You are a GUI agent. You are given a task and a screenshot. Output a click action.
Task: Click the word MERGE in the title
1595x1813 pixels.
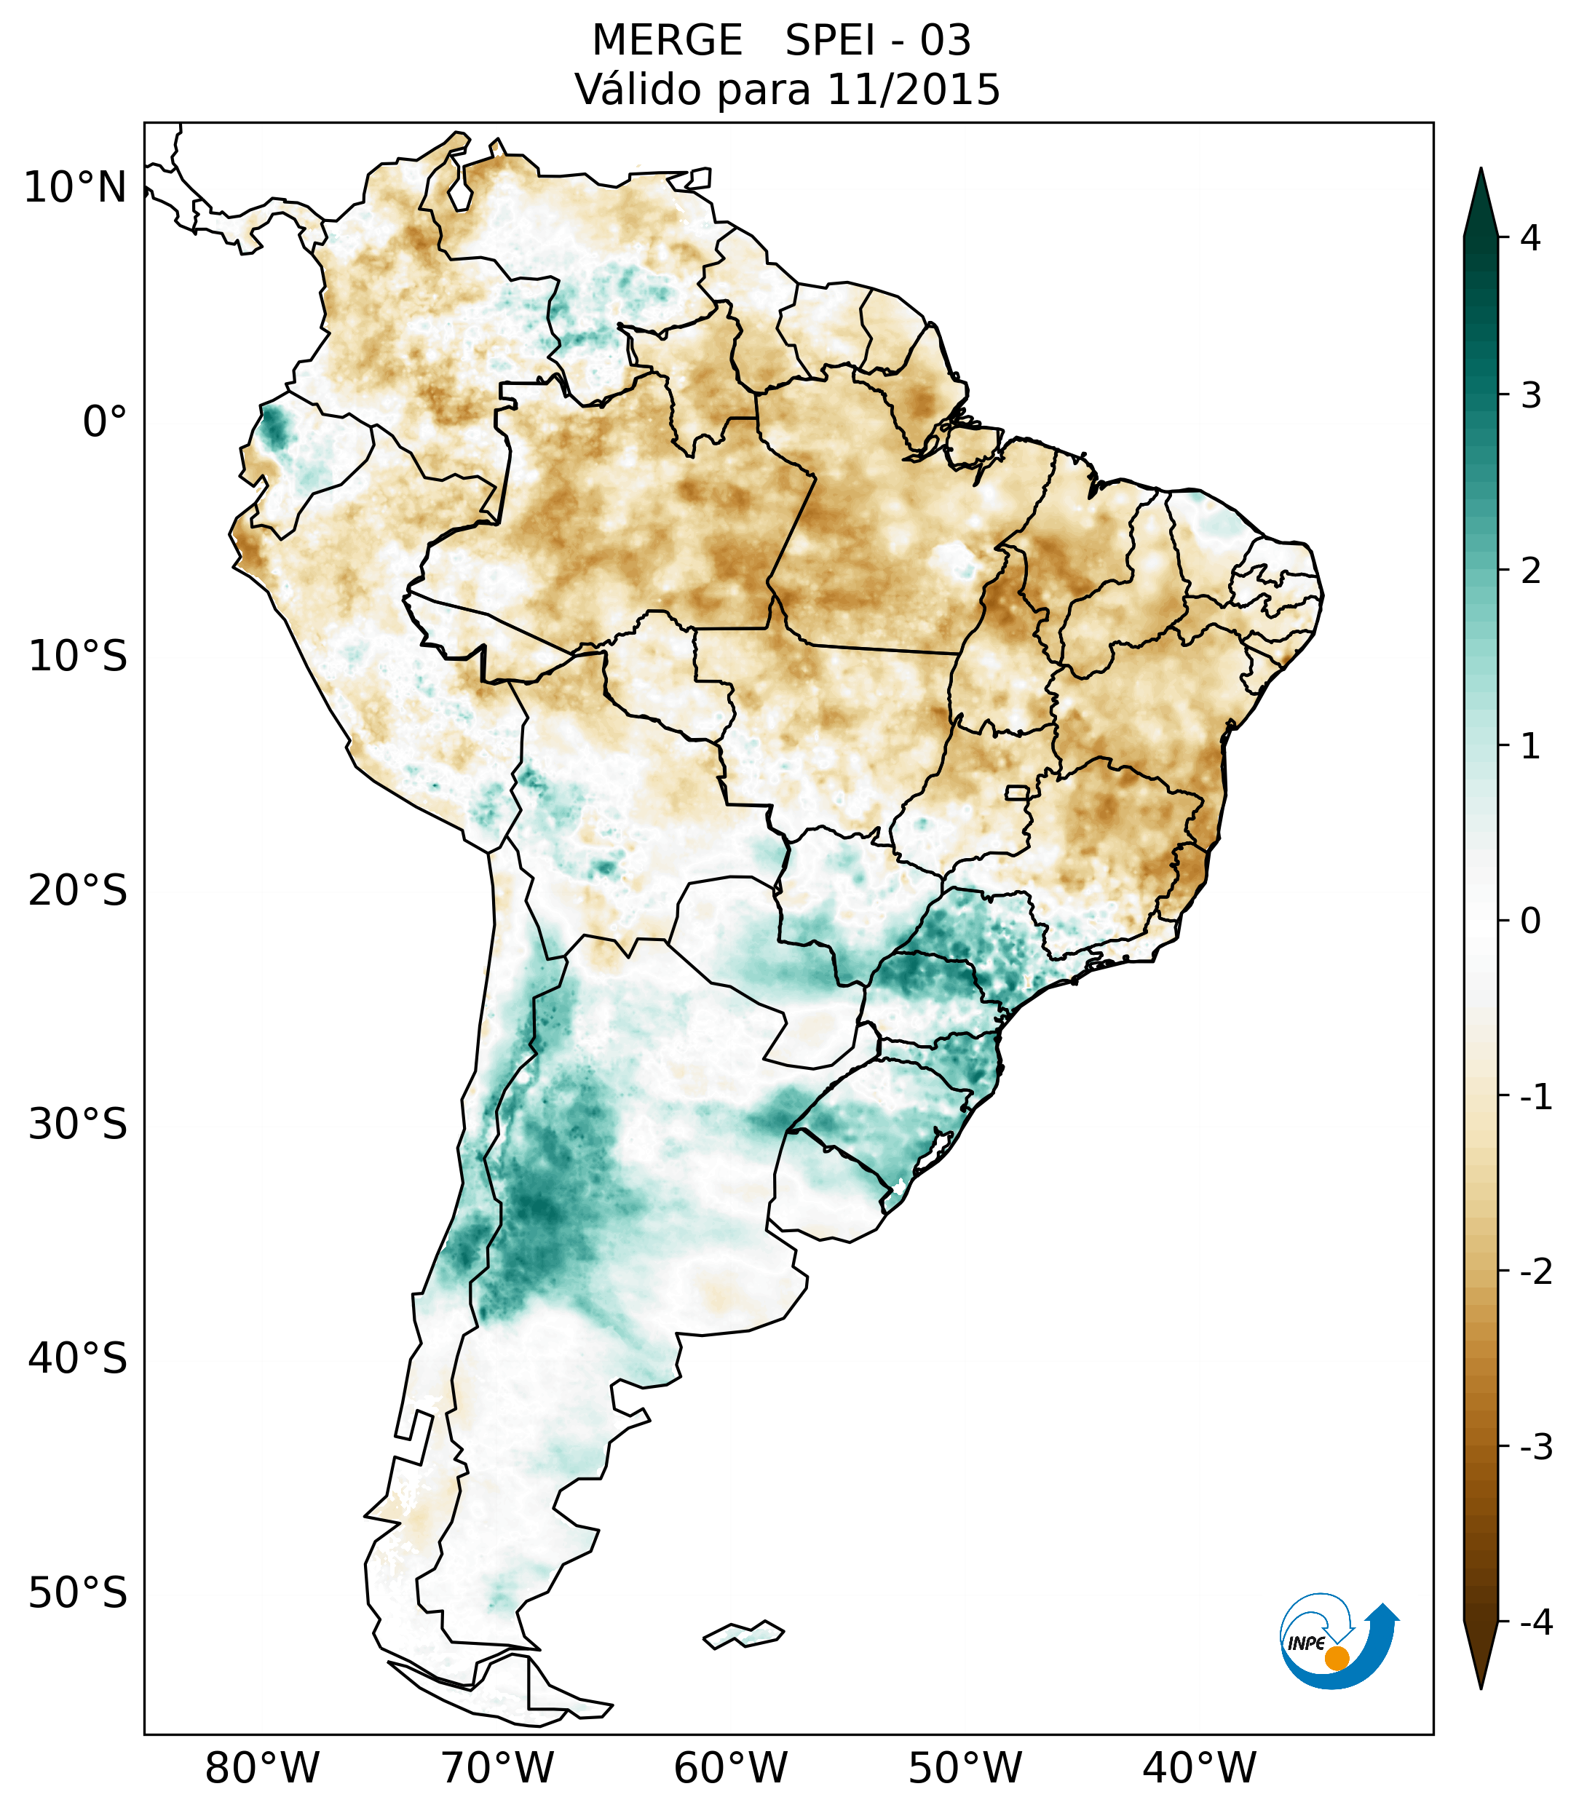(666, 41)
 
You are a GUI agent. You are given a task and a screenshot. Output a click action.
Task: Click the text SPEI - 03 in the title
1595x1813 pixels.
(878, 41)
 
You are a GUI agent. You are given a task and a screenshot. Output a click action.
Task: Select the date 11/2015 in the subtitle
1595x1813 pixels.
(913, 90)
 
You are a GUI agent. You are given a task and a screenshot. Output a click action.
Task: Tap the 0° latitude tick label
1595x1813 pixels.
(104, 422)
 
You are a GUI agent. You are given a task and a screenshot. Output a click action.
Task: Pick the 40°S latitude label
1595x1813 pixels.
(78, 1358)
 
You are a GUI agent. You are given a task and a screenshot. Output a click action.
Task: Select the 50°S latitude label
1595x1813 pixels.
(78, 1593)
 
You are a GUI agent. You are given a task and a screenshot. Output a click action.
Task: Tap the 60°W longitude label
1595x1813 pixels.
(730, 1768)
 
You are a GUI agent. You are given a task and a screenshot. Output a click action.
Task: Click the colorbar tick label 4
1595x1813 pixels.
(1530, 238)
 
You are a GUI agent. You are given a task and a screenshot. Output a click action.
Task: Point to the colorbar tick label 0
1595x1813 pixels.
(1530, 921)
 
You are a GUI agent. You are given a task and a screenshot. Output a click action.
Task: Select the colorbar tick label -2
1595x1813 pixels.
(1535, 1272)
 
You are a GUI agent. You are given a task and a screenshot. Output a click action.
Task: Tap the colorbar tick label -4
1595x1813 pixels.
(1535, 1622)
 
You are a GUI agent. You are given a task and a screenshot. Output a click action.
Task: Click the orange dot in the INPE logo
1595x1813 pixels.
(1336, 1658)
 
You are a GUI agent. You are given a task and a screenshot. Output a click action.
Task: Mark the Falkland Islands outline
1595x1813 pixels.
(743, 1634)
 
